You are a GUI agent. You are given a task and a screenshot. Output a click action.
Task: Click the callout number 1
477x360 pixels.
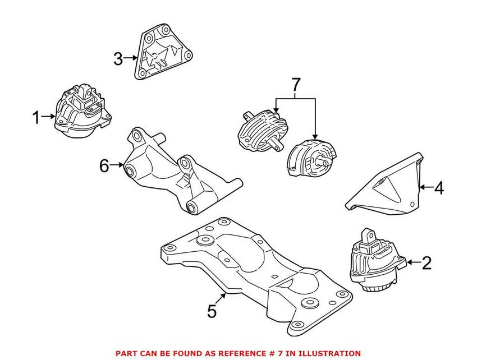(x=36, y=118)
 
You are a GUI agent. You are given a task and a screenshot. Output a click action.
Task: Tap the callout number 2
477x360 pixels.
(x=426, y=262)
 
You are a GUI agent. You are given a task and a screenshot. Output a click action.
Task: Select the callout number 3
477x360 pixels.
(x=118, y=58)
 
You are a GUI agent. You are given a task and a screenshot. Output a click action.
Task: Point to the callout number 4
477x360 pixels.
(x=438, y=188)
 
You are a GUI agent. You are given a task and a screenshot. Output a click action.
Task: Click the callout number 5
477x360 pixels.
(x=212, y=311)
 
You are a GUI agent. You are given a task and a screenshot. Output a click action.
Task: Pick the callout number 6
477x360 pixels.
(x=103, y=165)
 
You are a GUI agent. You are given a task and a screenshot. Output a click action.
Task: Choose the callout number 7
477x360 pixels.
(x=296, y=85)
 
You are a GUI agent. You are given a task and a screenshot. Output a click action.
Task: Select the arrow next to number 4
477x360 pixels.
(x=425, y=188)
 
